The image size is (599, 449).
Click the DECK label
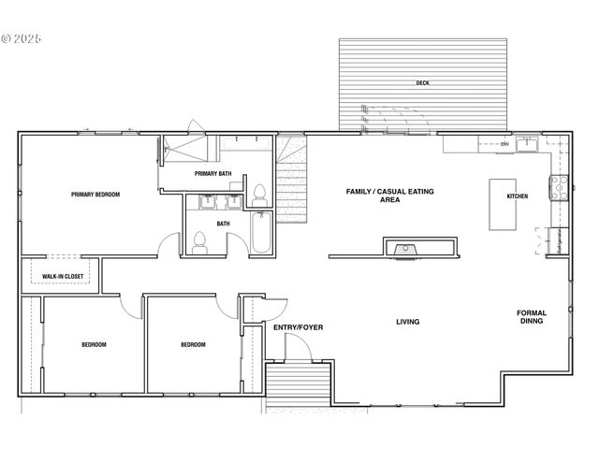422,83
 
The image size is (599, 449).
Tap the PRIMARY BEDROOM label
95,195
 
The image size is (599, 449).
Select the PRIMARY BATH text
212,174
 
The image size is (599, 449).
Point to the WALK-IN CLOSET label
63,277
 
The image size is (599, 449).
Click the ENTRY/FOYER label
298,327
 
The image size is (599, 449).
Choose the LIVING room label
407,322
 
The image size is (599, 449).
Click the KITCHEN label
517,196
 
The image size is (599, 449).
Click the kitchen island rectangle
504,206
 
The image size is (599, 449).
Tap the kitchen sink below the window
528,144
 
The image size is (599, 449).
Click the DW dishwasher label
504,144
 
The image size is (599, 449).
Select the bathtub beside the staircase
261,234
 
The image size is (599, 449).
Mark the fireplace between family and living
406,249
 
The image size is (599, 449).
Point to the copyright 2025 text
22,39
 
